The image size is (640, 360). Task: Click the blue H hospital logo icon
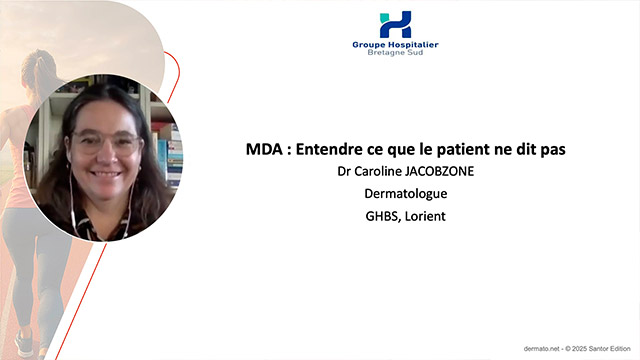pos(395,24)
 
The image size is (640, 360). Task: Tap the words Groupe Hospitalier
pos(395,45)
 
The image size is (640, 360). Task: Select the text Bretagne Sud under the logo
pos(395,54)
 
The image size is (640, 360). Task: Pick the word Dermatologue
pos(395,192)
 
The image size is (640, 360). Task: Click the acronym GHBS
pos(370,213)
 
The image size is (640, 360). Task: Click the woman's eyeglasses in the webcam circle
pos(105,142)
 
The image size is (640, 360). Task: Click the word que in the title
pos(386,150)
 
